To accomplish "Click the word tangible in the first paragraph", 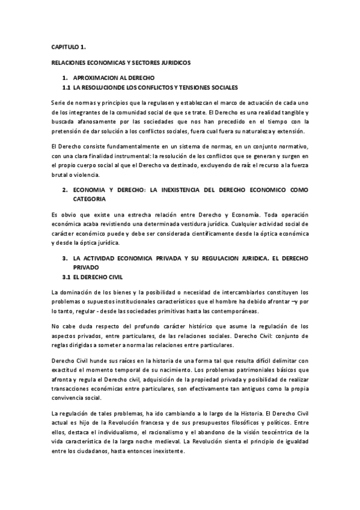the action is (285, 113).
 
